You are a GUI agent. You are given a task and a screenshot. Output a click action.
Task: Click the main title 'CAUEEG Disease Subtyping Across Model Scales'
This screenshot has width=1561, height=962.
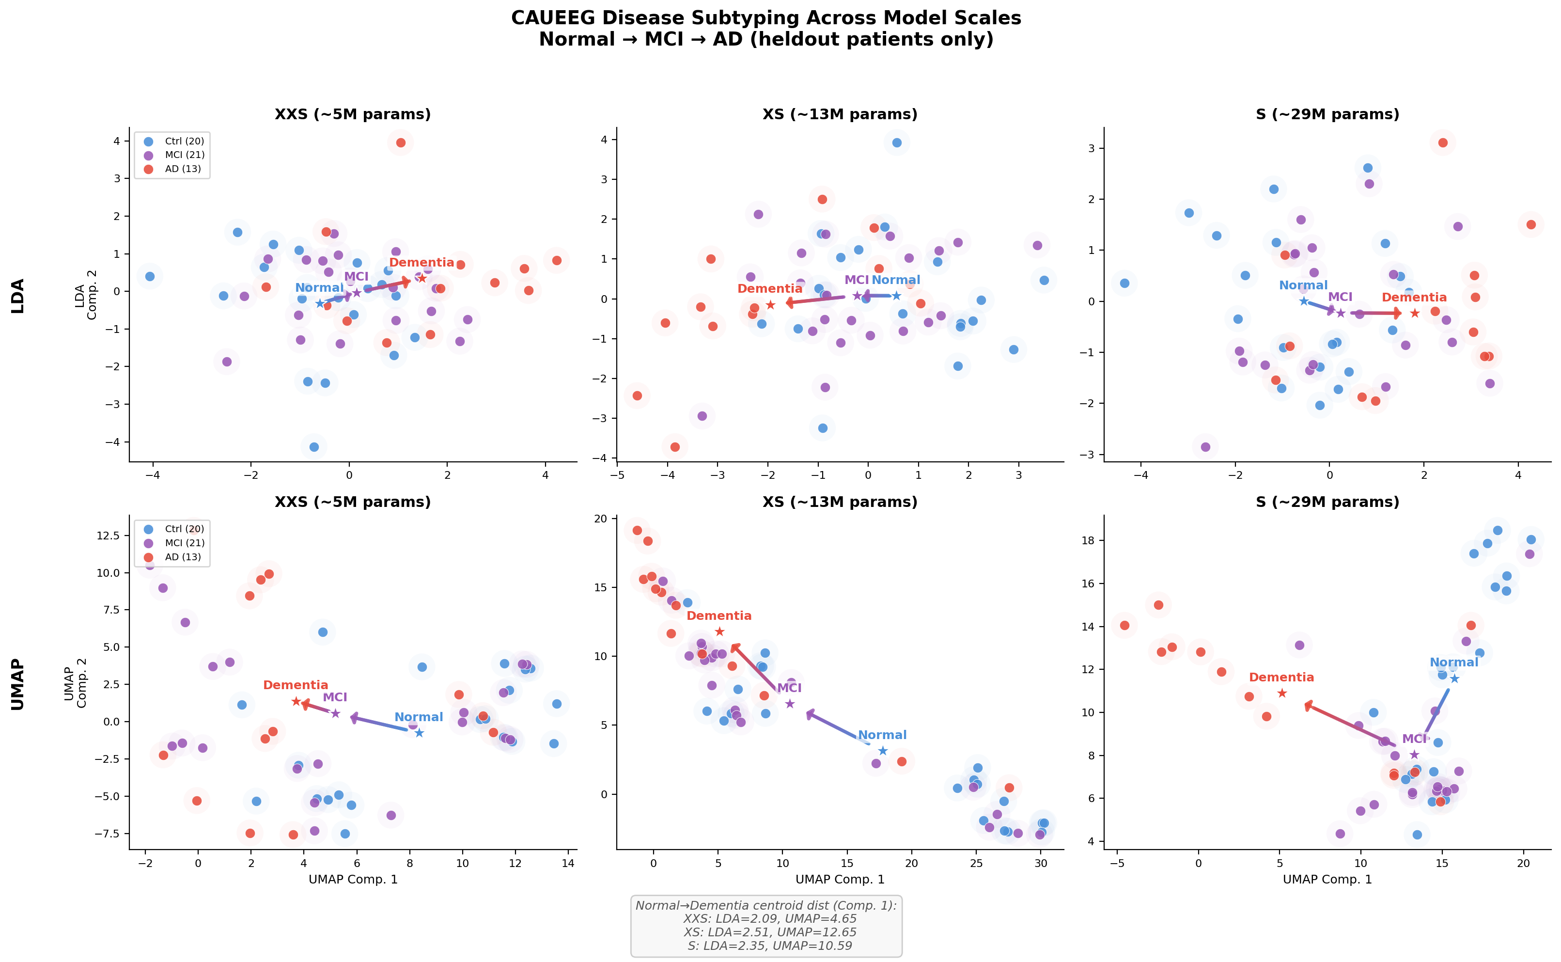tap(765, 18)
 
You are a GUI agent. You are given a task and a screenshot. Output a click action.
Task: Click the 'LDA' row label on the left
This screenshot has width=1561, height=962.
tap(18, 296)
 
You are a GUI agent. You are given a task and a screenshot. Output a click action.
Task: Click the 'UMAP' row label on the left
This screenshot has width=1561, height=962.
tap(18, 684)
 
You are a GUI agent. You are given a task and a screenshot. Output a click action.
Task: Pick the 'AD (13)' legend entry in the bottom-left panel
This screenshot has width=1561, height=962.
tap(183, 557)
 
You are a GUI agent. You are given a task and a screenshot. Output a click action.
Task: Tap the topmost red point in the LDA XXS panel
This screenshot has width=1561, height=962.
tap(401, 142)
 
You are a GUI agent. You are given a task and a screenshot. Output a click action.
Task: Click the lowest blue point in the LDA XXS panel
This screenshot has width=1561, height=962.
tap(313, 447)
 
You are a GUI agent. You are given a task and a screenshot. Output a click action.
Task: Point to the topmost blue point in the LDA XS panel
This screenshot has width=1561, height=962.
tap(897, 142)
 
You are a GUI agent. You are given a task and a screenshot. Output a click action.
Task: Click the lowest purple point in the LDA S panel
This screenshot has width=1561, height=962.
tap(1205, 447)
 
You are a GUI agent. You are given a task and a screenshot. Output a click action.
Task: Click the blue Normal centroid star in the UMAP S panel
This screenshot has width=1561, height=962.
tap(1454, 678)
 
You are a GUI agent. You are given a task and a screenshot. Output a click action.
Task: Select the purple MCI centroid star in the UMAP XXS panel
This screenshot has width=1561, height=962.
tap(336, 713)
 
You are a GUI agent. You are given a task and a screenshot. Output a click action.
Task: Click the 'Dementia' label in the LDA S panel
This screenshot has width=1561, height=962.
tap(1414, 297)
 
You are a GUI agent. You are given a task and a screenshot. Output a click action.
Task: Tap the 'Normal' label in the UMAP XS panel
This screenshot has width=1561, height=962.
tap(882, 735)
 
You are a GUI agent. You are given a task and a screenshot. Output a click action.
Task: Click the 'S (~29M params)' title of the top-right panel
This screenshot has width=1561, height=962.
tap(1327, 114)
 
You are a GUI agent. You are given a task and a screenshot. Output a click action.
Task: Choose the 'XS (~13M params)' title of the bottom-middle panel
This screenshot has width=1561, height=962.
tap(840, 502)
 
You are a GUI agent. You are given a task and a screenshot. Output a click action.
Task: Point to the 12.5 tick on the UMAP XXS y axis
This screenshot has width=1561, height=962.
tap(108, 535)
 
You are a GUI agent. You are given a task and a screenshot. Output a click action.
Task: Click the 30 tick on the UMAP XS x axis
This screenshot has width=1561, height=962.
tap(1041, 864)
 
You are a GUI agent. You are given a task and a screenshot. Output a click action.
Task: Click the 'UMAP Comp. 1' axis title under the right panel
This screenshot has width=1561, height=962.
tap(1327, 879)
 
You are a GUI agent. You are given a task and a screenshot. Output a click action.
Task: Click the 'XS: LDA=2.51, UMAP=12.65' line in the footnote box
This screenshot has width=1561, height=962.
tap(769, 932)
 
